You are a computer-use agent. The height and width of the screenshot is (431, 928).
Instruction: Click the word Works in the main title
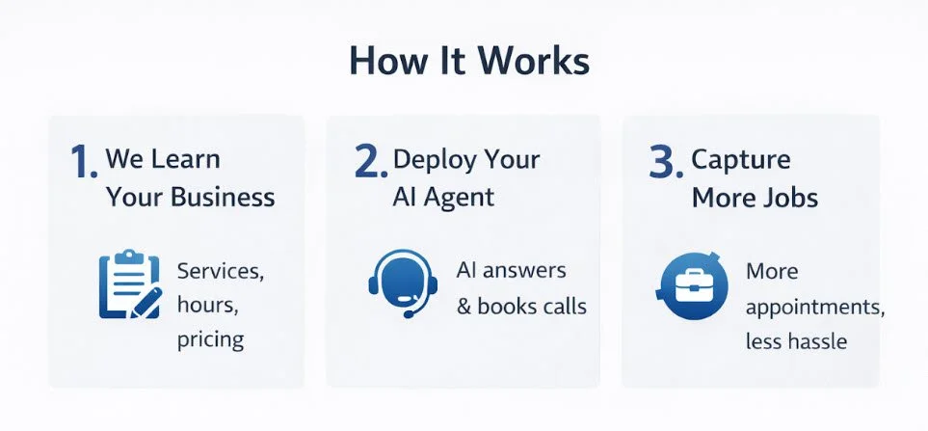[x=538, y=61]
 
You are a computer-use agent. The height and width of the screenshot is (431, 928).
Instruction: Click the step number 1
[x=83, y=163]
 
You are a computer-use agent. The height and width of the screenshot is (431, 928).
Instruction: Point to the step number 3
[x=665, y=163]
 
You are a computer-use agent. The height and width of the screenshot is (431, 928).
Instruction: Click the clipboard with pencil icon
[x=127, y=284]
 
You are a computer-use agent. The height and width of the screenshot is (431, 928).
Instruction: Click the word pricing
[x=210, y=340]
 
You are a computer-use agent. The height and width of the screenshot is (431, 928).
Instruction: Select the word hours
[x=205, y=306]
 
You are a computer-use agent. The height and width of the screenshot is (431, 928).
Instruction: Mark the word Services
[x=219, y=271]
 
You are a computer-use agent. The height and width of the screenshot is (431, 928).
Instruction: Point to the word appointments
[x=815, y=308]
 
